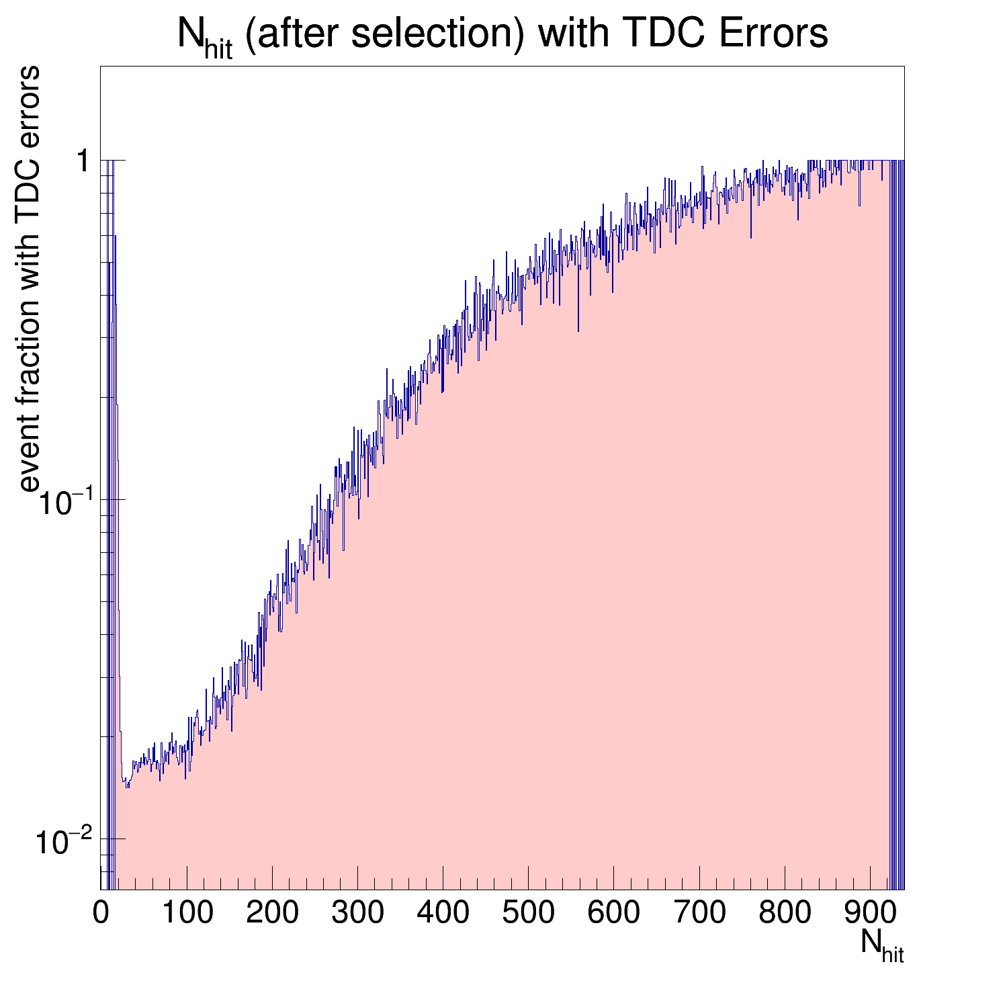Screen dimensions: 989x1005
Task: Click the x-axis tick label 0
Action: pos(101,913)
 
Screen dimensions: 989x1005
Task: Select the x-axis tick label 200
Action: pos(271,913)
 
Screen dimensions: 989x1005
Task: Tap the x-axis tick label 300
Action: pos(357,913)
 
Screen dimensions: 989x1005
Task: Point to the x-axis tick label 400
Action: pos(442,913)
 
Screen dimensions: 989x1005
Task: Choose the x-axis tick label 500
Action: pos(527,913)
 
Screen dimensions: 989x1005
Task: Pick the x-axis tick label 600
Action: pos(613,913)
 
